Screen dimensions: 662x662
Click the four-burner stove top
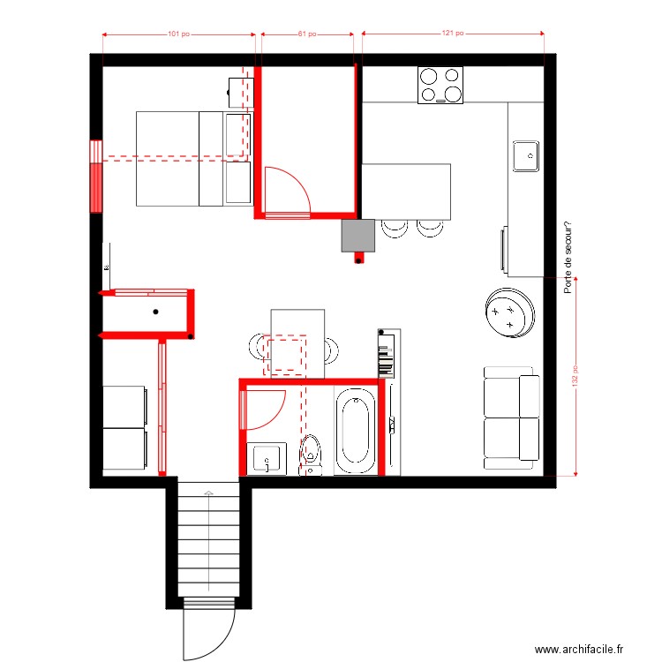pos(440,86)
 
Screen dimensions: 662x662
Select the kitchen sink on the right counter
pos(527,155)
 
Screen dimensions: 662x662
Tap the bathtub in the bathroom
pos(355,432)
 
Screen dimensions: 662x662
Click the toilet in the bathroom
pos(311,453)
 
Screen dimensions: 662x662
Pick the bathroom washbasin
pos(267,458)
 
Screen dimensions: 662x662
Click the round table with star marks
pos(509,313)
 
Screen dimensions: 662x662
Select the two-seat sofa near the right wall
pos(511,417)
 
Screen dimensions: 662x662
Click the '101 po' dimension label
pos(179,34)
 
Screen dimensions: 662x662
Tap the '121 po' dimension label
pos(452,34)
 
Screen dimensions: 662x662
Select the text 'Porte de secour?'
pos(568,257)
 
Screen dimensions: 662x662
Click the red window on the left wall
pos(95,176)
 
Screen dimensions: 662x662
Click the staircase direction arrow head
pos(208,492)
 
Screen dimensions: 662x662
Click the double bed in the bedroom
pos(192,158)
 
